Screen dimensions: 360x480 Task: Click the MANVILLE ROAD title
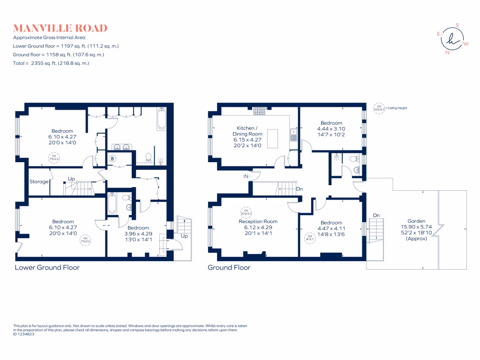tap(60, 28)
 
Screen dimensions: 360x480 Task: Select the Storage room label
tap(39, 181)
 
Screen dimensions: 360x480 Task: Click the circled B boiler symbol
tap(112, 158)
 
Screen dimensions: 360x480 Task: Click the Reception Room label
tap(258, 221)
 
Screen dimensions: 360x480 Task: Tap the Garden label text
tap(416, 221)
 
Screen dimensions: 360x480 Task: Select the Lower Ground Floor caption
tap(47, 268)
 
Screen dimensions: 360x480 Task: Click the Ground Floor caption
tap(229, 268)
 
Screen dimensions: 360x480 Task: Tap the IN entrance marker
tap(246, 176)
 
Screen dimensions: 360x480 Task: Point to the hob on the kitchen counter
tap(259, 111)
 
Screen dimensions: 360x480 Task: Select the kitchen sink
tap(293, 135)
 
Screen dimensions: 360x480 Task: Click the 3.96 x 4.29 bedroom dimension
tap(138, 233)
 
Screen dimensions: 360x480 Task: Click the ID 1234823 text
tap(24, 334)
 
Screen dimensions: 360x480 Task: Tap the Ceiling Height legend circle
tap(378, 108)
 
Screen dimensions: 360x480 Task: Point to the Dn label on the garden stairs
tap(376, 216)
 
